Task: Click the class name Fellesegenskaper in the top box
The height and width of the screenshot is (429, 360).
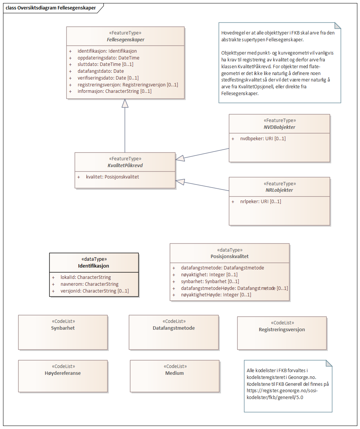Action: click(x=125, y=40)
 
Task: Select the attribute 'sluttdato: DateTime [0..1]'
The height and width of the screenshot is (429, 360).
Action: click(x=105, y=64)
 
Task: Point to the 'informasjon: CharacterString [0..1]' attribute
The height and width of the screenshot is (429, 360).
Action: click(x=114, y=91)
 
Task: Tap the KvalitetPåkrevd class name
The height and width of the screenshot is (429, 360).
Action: click(x=125, y=166)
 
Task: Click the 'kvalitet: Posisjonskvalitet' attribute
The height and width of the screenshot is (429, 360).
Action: click(x=113, y=177)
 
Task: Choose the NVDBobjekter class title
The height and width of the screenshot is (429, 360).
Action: click(x=279, y=127)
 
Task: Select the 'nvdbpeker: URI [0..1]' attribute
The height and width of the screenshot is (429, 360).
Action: click(x=263, y=139)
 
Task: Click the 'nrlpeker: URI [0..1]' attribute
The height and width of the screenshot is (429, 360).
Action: click(x=260, y=202)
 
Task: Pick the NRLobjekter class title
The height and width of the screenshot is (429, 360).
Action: click(x=279, y=190)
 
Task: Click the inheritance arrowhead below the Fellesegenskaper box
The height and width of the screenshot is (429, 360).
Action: click(x=125, y=103)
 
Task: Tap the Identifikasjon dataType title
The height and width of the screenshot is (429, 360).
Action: click(x=94, y=266)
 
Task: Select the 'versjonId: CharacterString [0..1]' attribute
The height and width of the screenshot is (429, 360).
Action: click(x=94, y=291)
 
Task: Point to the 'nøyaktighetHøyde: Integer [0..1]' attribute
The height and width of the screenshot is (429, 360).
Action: click(x=216, y=294)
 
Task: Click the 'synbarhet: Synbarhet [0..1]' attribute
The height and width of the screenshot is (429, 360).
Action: click(x=210, y=281)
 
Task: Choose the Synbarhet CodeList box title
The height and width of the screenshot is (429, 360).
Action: click(x=63, y=328)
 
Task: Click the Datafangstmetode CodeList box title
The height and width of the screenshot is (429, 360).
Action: click(x=174, y=328)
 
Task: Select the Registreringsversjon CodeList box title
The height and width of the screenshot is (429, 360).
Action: click(x=282, y=330)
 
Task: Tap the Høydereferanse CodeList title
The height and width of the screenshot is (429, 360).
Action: click(x=63, y=373)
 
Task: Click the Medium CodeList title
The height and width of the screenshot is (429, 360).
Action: click(x=174, y=373)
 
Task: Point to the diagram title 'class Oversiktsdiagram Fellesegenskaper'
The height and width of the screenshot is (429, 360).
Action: click(x=51, y=8)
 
